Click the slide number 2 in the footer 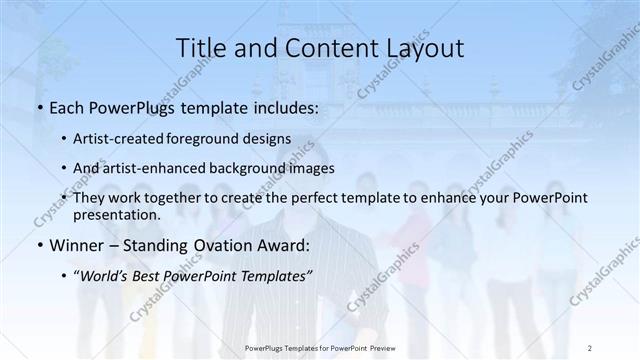[590, 347]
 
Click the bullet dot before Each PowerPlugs [39, 106]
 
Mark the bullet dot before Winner [39, 244]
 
